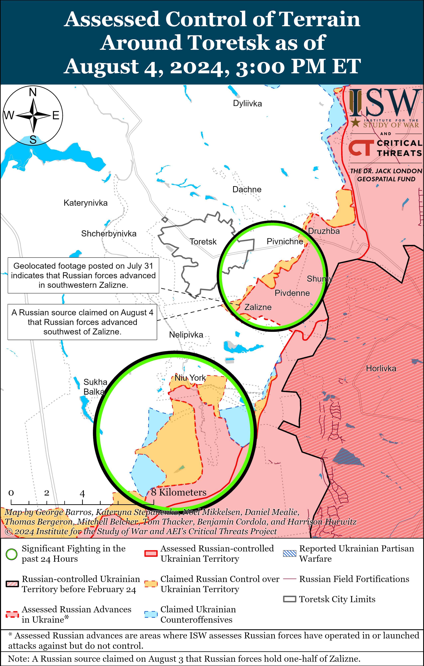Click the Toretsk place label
tap(203, 242)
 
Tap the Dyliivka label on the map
tap(247, 103)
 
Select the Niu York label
tap(190, 378)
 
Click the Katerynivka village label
tap(86, 203)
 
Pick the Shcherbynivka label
tap(109, 234)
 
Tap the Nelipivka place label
tap(186, 335)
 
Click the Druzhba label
tap(324, 231)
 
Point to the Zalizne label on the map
tap(258, 307)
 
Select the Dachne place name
tap(247, 189)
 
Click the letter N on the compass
tap(33, 92)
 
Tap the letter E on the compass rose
tap(56, 115)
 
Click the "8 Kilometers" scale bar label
tap(179, 492)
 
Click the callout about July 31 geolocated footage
tap(83, 275)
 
